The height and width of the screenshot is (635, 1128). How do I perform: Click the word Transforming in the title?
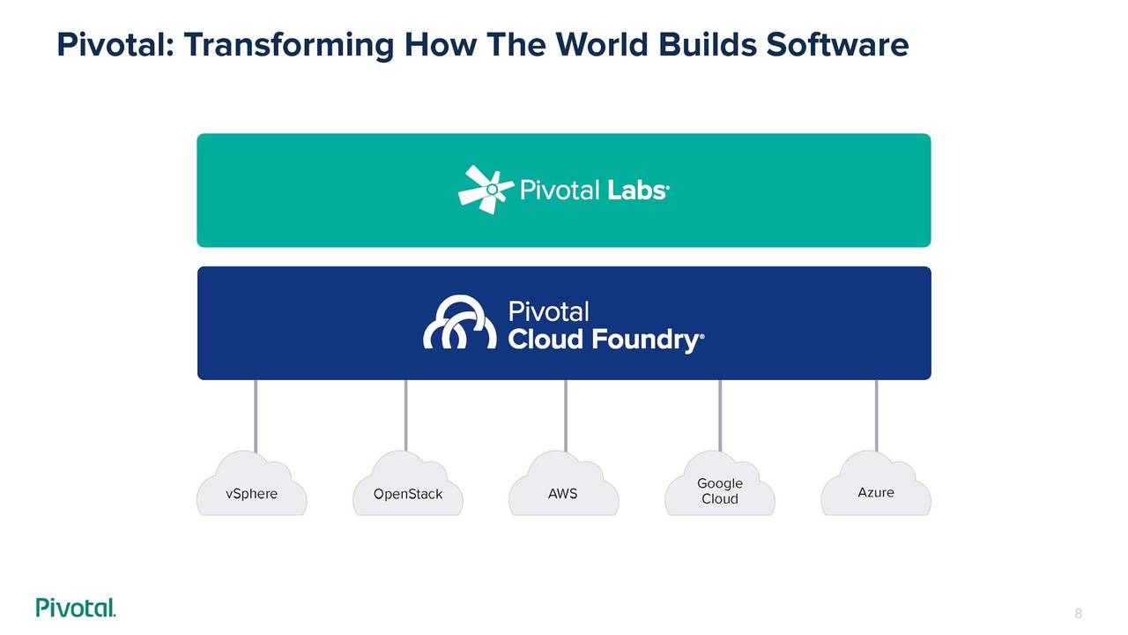288,46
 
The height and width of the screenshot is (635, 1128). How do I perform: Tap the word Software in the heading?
837,44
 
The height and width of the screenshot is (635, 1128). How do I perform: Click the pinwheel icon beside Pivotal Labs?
486,190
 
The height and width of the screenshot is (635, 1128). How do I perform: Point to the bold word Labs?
638,190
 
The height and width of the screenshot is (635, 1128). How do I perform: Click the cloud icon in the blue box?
460,322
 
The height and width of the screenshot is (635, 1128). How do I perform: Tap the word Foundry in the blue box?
647,340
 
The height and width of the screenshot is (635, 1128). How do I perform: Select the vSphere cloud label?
251,494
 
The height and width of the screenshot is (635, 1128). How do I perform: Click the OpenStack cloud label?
408,494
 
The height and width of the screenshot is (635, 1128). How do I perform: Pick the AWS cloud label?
562,494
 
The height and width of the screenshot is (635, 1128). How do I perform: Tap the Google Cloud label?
720,491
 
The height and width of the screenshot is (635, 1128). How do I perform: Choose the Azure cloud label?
876,492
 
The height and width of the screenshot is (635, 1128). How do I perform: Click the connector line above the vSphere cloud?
256,416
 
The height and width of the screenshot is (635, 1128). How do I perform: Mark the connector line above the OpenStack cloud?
406,415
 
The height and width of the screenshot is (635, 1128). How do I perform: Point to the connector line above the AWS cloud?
566,416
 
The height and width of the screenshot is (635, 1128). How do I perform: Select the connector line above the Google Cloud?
720,415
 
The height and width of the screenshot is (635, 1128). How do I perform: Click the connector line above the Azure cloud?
877,415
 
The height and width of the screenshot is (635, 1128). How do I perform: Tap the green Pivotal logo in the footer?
76,608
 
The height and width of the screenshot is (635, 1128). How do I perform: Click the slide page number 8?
1078,613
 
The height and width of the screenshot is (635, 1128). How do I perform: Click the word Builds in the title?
707,44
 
